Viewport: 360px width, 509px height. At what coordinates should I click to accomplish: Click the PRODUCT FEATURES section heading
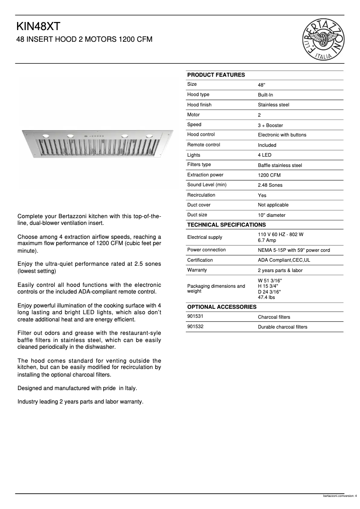point(216,75)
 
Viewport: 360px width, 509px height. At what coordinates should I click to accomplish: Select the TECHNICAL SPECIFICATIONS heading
point(226,224)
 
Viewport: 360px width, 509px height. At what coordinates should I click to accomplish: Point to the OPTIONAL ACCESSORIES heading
point(222,307)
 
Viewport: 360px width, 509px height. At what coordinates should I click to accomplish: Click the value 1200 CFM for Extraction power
point(269,175)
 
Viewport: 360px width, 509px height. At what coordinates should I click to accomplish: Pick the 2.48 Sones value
point(270,185)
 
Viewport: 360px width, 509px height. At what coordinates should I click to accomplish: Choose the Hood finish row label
point(199,105)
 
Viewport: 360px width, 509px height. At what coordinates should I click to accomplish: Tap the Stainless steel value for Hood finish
point(273,105)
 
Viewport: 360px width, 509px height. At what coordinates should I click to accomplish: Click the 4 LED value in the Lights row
point(264,155)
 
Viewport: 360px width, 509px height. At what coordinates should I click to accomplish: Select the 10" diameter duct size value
point(272,215)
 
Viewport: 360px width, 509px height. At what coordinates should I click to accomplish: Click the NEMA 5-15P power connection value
point(294,250)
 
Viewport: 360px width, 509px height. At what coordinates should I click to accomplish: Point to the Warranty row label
point(197,270)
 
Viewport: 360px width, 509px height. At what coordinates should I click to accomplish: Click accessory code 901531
point(195,316)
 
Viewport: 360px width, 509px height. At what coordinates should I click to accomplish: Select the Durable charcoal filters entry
point(282,327)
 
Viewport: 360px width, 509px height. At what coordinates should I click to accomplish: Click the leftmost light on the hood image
point(46,135)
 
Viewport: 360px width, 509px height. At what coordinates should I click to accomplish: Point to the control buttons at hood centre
point(97,136)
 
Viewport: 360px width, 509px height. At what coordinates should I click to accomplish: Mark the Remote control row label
point(203,145)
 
